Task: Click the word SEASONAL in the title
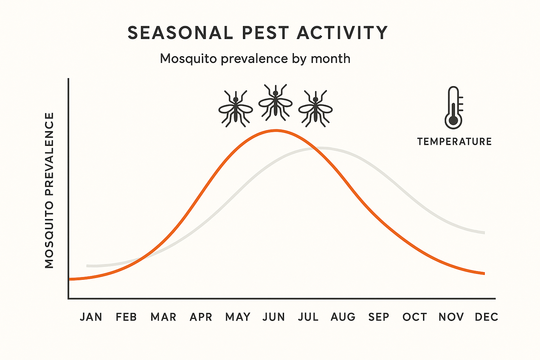pos(180,33)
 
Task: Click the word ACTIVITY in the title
pos(342,33)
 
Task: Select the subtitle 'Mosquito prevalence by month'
pos(255,58)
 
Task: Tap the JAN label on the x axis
pos(91,317)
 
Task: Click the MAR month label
pos(163,317)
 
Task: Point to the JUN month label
pos(274,317)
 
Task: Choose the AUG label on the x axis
pos(343,317)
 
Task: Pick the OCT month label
pos(414,317)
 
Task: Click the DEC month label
pos(486,317)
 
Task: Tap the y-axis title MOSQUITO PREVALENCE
pos(50,190)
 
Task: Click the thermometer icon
pos(454,108)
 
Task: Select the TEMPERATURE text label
pos(454,142)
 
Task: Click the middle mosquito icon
pos(275,102)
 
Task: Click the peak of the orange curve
pos(276,130)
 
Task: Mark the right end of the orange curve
pos(484,274)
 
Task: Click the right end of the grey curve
pos(484,233)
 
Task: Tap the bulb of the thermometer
pos(454,121)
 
